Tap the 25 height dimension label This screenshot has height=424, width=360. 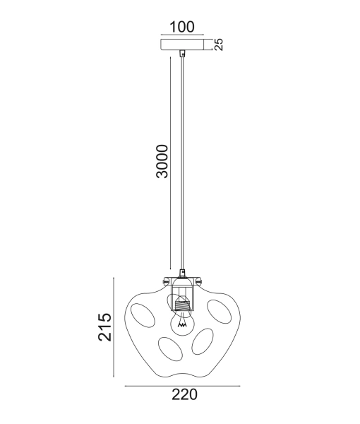pyautogui.click(x=219, y=45)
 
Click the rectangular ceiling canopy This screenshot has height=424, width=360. pyautogui.click(x=182, y=45)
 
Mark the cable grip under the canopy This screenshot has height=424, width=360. pyautogui.click(x=183, y=54)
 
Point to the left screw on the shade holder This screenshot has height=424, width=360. pyautogui.click(x=165, y=281)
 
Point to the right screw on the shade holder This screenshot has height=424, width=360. pyautogui.click(x=200, y=281)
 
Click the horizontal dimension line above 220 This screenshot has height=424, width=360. pyautogui.click(x=183, y=386)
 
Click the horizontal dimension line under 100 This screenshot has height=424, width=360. pyautogui.click(x=182, y=35)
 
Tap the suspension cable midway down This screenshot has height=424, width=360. pyautogui.click(x=183, y=163)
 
